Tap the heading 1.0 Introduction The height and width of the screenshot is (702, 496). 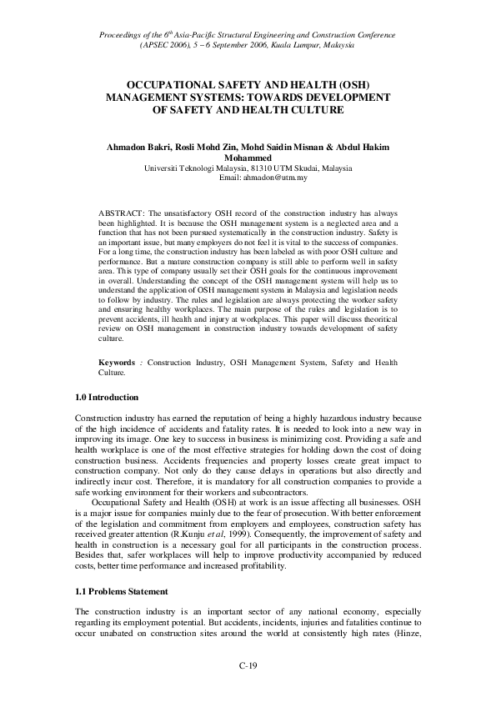coord(107,398)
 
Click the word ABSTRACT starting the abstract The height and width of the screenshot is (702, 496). coord(120,213)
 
